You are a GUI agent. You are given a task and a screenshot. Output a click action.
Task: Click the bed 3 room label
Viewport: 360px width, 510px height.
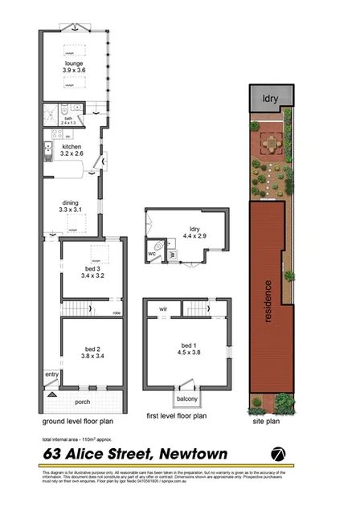tap(92, 271)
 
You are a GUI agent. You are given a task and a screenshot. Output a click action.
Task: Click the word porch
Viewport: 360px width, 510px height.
tap(83, 402)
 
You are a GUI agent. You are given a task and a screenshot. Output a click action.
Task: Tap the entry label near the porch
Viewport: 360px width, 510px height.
tap(52, 374)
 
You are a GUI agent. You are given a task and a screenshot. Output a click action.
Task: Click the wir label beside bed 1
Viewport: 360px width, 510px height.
tap(162, 308)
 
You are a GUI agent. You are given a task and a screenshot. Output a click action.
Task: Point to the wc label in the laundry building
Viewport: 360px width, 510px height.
tap(151, 254)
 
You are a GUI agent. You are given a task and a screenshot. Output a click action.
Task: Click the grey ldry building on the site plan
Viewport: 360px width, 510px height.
tap(270, 97)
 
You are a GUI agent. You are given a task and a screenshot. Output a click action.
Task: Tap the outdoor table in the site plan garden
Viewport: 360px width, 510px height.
tap(271, 145)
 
